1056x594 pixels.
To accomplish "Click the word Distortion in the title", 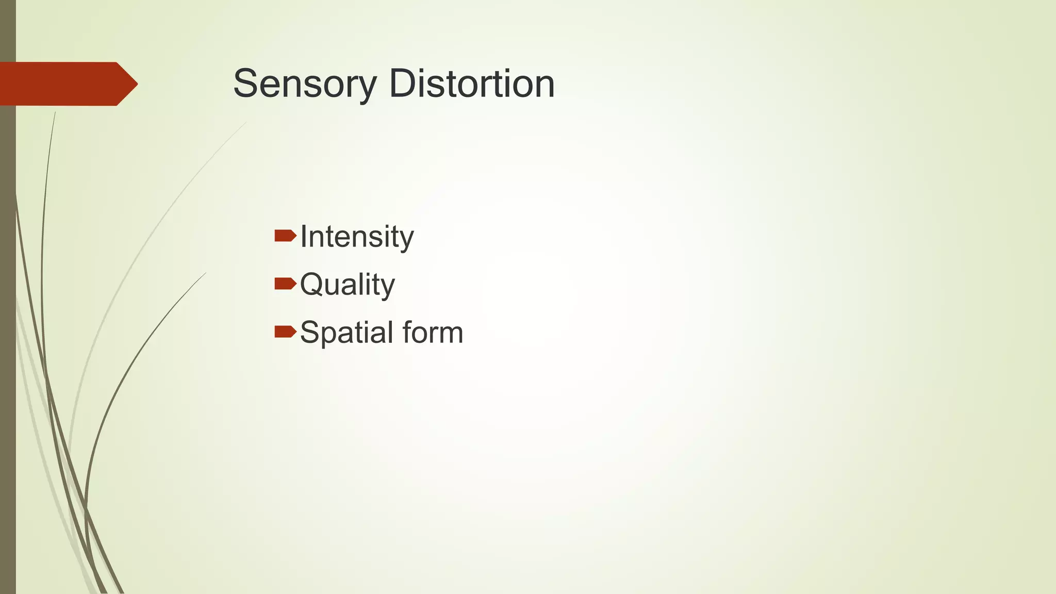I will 471,84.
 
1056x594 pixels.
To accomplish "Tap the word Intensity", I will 356,237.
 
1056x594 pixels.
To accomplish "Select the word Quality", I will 347,285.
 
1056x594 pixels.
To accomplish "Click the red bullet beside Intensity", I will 285,236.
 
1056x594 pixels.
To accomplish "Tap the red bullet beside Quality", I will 285,284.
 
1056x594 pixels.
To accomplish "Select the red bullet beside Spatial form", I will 285,331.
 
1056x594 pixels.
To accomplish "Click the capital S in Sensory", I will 245,84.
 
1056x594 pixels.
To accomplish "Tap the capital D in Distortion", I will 403,84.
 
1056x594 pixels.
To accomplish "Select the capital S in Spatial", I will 310,333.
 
